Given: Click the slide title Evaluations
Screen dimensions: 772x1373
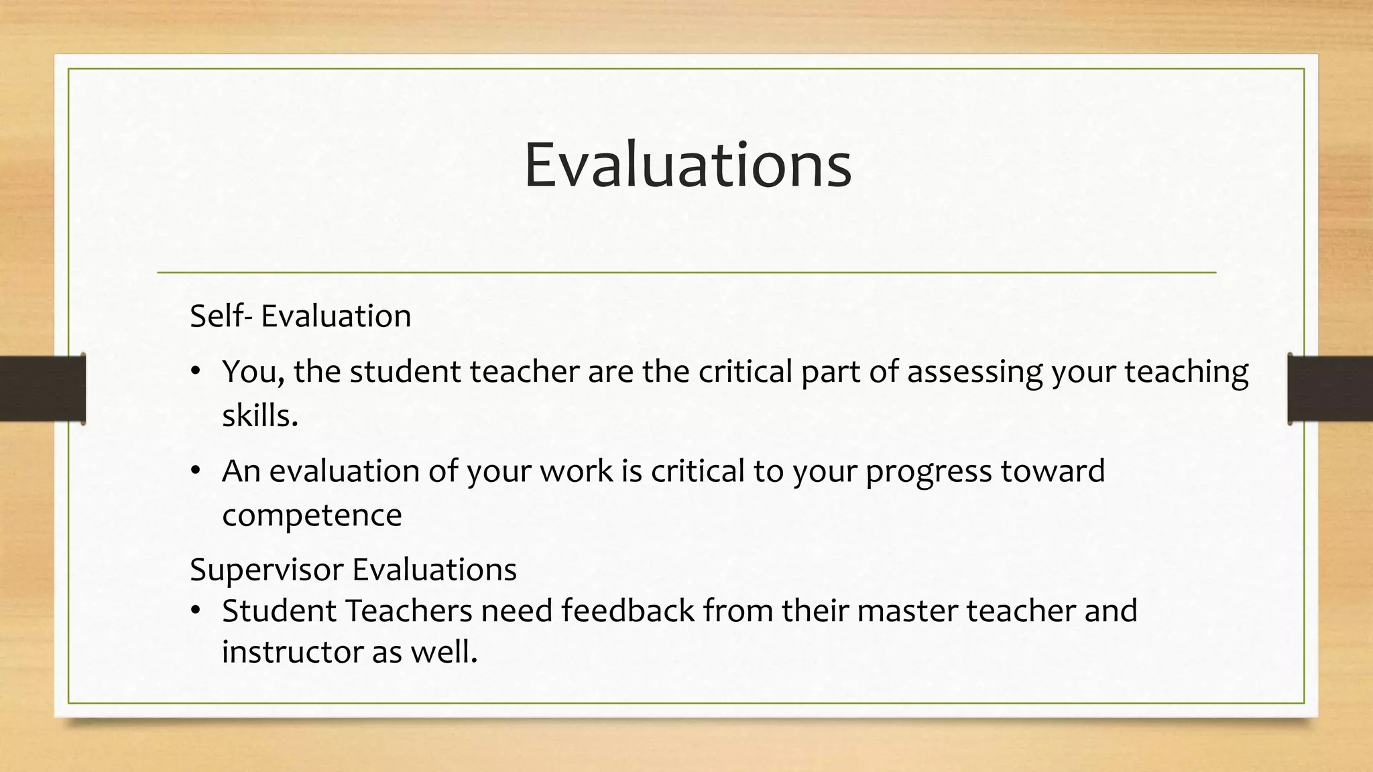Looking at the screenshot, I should point(687,165).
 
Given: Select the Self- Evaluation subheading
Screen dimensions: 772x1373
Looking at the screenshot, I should point(300,316).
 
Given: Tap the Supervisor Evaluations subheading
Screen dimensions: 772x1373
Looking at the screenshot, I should point(353,570).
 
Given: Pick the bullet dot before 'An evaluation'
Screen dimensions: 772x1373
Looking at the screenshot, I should point(196,470).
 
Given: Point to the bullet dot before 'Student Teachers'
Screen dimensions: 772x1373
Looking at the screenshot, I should point(196,610).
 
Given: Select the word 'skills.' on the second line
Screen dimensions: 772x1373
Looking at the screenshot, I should point(259,416).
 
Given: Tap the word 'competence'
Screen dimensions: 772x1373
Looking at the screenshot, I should point(312,516).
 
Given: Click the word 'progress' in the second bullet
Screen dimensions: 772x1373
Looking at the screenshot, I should point(928,472).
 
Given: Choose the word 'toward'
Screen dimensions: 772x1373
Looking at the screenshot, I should point(1053,470).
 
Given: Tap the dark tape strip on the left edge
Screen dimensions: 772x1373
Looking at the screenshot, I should point(42,389).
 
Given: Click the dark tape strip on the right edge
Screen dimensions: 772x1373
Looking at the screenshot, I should point(1330,389).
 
